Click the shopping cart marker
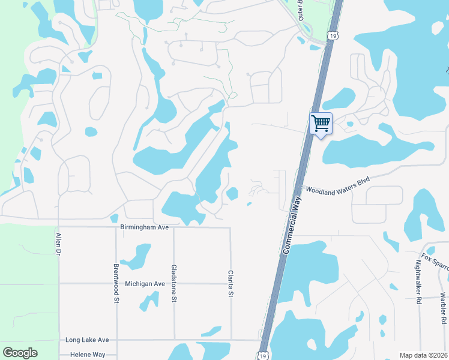321,124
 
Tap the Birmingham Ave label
145,227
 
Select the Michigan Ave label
145,283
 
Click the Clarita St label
230,283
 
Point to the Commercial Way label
295,219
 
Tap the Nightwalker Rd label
418,281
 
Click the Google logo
20,353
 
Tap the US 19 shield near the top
332,36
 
